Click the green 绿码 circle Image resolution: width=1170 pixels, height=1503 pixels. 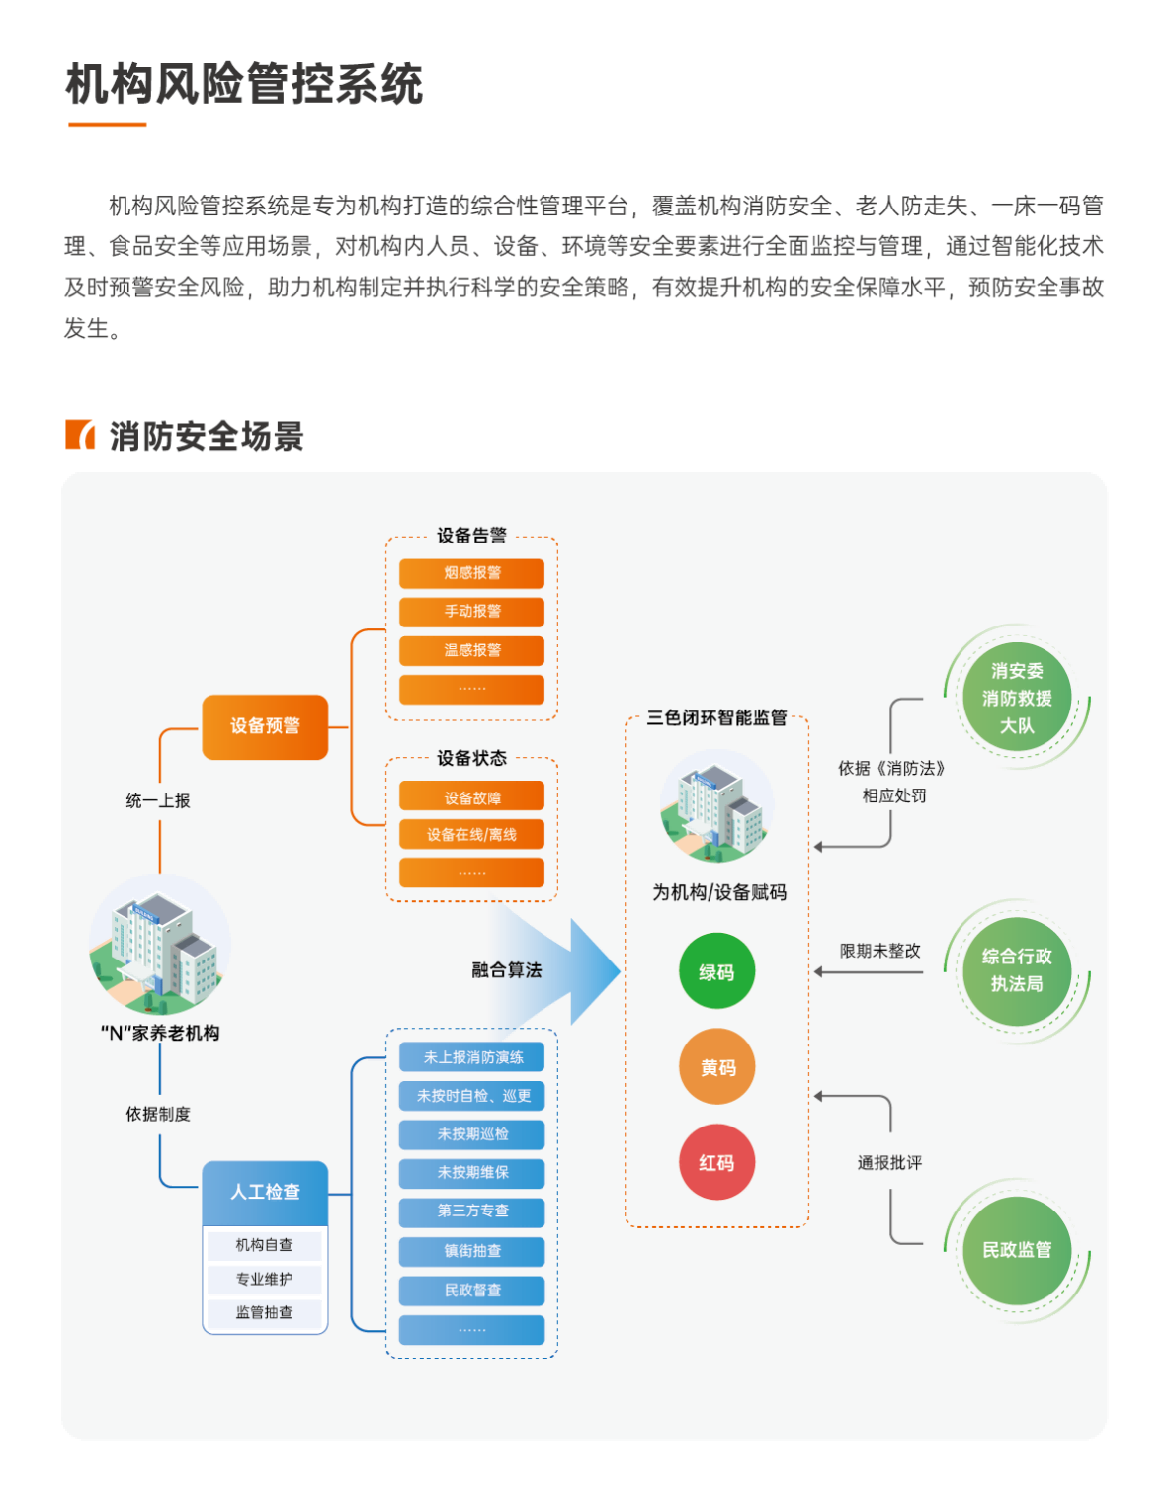[x=716, y=971]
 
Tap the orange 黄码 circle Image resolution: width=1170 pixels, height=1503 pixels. [x=717, y=1067]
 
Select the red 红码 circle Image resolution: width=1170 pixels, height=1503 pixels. [x=717, y=1162]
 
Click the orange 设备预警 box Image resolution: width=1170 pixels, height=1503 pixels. [x=265, y=726]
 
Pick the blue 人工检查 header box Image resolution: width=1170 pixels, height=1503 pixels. [x=265, y=1192]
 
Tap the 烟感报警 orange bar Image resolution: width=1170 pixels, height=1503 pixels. [x=471, y=573]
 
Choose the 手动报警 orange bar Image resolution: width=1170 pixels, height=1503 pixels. [x=471, y=612]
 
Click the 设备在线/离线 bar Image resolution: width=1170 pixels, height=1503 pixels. [x=471, y=835]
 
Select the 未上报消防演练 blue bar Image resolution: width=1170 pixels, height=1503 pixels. [x=471, y=1057]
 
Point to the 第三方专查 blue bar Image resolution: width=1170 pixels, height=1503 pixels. [x=471, y=1211]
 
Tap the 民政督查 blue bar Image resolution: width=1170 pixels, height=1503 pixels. [x=471, y=1291]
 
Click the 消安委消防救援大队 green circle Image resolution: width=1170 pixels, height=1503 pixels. [x=1017, y=698]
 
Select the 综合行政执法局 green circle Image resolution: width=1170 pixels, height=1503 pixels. [x=1017, y=970]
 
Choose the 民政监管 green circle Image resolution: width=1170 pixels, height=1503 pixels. [x=1017, y=1250]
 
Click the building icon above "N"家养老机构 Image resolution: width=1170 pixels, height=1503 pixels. [x=160, y=945]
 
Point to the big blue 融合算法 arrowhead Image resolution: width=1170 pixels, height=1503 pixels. [x=593, y=970]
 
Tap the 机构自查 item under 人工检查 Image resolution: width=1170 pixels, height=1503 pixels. [x=264, y=1245]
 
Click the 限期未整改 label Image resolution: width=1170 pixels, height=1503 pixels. [x=879, y=951]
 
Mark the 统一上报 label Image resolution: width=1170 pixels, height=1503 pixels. [x=158, y=800]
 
